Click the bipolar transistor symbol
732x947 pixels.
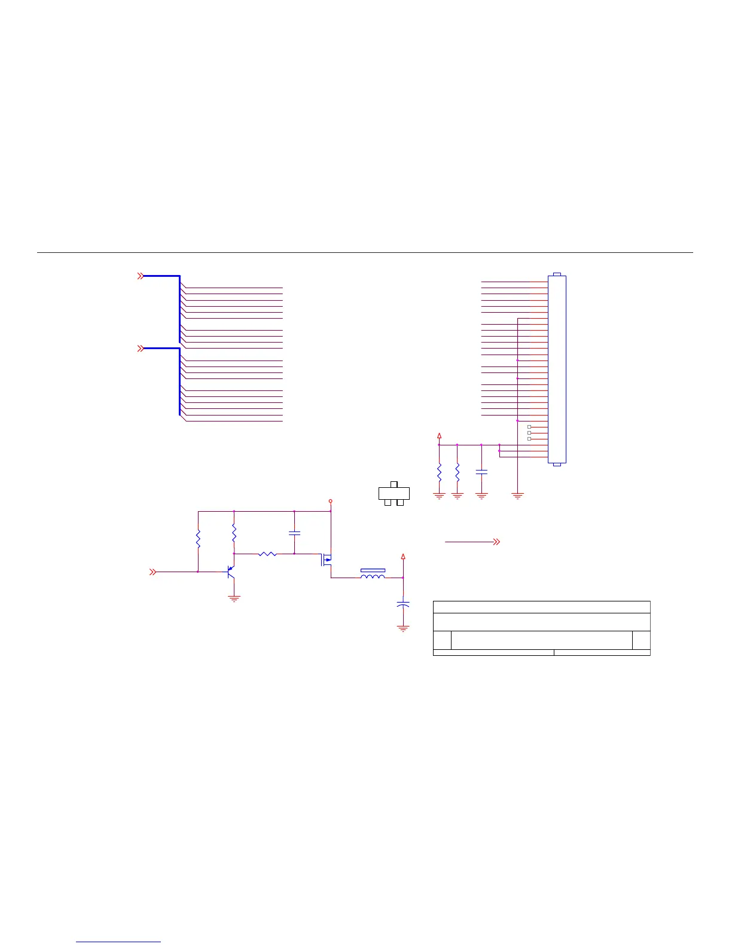coord(230,573)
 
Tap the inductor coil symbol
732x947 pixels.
coord(373,575)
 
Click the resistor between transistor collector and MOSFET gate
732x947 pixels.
coord(267,554)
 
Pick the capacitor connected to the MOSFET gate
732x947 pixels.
coord(294,532)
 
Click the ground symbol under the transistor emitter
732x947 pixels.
coord(234,598)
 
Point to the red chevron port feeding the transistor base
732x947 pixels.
coord(152,572)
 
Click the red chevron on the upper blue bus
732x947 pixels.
coord(141,276)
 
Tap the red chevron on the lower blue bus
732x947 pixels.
coord(141,348)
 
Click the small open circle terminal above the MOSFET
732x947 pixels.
coord(330,501)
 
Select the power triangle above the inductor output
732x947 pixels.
coord(403,557)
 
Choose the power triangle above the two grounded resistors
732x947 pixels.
coord(439,435)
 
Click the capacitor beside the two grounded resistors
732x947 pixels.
coord(481,472)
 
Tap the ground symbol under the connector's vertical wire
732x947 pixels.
coord(518,496)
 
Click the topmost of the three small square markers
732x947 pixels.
coord(529,427)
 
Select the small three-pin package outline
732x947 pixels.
coord(394,493)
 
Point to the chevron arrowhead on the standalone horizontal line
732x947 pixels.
coord(496,542)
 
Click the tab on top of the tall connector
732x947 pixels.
coord(557,274)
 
